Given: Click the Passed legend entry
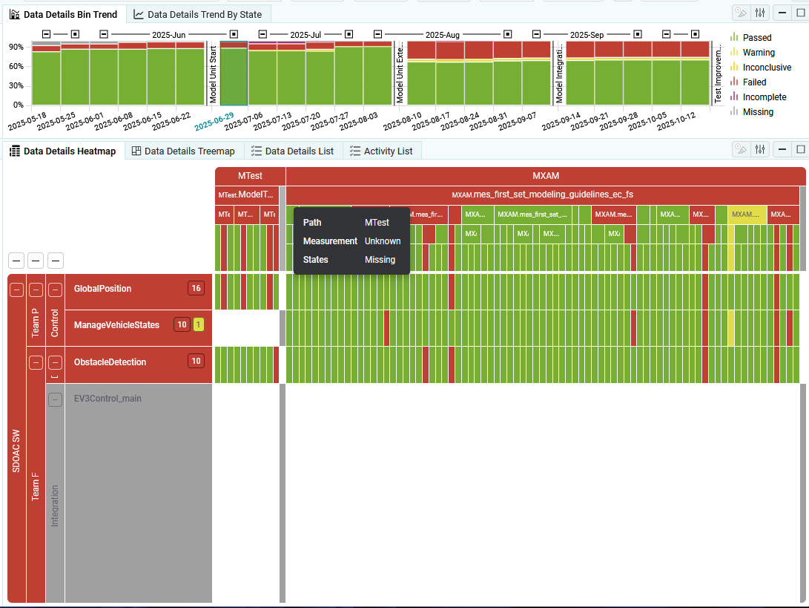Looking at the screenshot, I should click(x=756, y=38).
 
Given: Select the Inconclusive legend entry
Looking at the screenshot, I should click(x=766, y=68).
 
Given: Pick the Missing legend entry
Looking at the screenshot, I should click(x=758, y=112).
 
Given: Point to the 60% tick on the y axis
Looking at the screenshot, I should click(x=16, y=66).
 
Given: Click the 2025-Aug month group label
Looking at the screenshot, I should click(x=443, y=35).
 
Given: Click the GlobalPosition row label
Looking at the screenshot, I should click(x=102, y=289).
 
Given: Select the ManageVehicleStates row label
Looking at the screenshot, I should click(x=116, y=325).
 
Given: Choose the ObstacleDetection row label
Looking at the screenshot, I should click(x=110, y=362).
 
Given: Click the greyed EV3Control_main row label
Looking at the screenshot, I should click(x=108, y=399).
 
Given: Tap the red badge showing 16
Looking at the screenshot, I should click(x=196, y=289).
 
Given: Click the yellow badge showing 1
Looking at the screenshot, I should click(x=199, y=325).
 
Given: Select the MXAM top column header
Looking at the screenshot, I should click(x=545, y=177).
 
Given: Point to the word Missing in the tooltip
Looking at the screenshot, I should click(x=380, y=260).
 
